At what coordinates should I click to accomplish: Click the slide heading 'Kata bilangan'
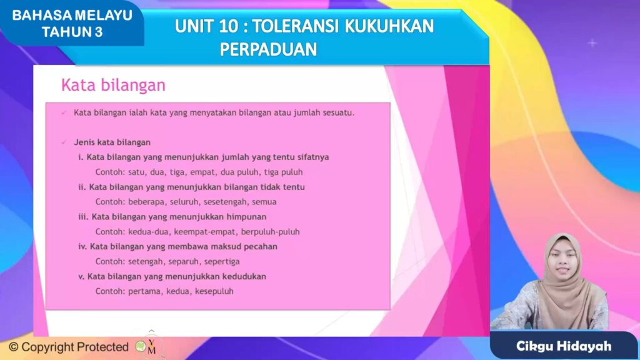click(112, 85)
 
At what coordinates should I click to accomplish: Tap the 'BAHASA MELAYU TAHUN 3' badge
click(72, 24)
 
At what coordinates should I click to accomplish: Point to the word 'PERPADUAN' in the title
click(268, 49)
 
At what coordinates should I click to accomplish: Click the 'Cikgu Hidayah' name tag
click(564, 346)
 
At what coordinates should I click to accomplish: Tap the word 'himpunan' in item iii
click(248, 217)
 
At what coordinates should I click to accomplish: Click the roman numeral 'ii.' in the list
click(82, 187)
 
